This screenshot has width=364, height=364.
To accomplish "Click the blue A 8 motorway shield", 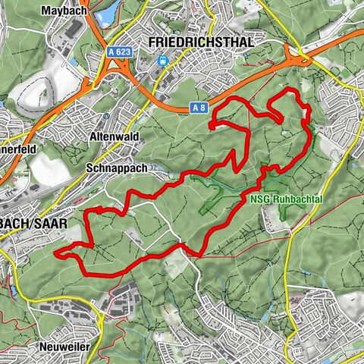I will (199, 108).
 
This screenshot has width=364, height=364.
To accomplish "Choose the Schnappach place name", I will (117, 168).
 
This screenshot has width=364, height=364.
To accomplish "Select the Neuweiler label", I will (63, 347).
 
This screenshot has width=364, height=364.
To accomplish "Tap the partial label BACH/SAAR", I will (33, 224).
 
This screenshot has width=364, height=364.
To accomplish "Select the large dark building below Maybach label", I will (76, 30).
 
